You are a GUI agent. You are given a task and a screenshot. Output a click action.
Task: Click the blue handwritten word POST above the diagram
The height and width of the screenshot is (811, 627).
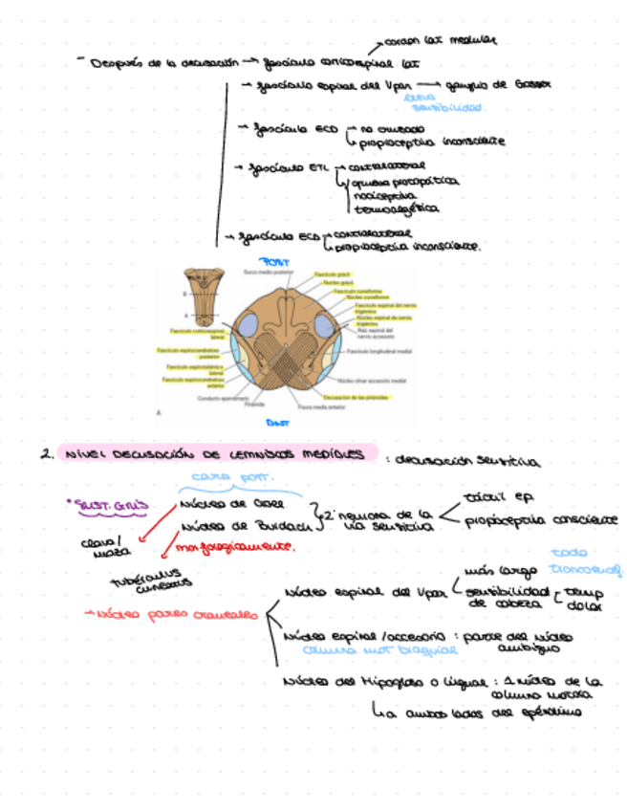[277, 260]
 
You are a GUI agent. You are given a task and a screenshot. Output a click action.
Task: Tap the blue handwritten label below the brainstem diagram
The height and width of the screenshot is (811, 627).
[277, 422]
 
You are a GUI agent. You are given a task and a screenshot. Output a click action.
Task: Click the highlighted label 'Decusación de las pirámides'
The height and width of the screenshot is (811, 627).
[355, 396]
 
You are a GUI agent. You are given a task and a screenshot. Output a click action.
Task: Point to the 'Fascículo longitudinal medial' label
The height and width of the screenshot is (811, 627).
[379, 351]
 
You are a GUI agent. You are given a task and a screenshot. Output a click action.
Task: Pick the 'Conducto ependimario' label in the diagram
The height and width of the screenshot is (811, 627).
[222, 398]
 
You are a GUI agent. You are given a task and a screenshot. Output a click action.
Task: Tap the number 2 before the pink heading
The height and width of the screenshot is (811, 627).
[45, 455]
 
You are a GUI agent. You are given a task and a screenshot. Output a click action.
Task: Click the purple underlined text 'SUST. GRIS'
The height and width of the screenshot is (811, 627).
[104, 503]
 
